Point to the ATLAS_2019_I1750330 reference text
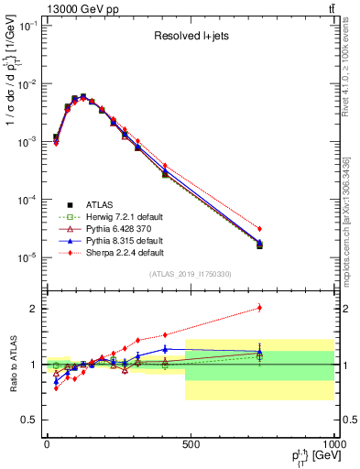click(190, 273)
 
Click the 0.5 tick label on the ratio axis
click(31, 420)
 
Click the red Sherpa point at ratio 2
click(260, 308)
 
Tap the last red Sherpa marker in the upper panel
click(260, 228)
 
